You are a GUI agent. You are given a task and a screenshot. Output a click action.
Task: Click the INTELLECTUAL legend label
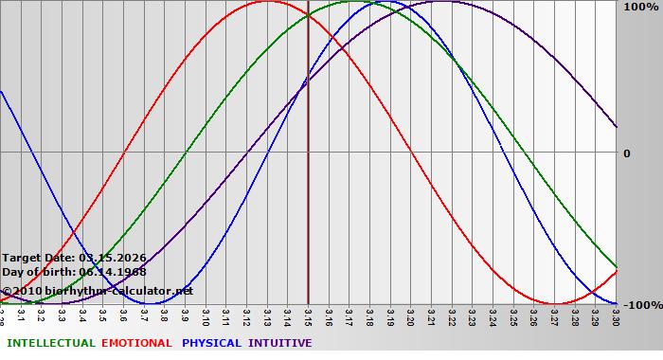[51, 343]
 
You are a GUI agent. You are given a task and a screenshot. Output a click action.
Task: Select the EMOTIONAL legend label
[136, 343]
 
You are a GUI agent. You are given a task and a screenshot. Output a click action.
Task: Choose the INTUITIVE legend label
[280, 343]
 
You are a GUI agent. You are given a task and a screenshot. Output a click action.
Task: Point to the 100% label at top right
[640, 7]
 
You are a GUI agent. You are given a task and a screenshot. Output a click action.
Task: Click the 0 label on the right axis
[626, 153]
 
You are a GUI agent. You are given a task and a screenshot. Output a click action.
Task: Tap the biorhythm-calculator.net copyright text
[97, 291]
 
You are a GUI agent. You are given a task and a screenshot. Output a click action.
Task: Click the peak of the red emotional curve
[267, 2]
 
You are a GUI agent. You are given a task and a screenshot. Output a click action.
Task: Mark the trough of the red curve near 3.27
[554, 303]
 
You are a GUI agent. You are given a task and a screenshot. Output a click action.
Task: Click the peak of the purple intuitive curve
[441, 2]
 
